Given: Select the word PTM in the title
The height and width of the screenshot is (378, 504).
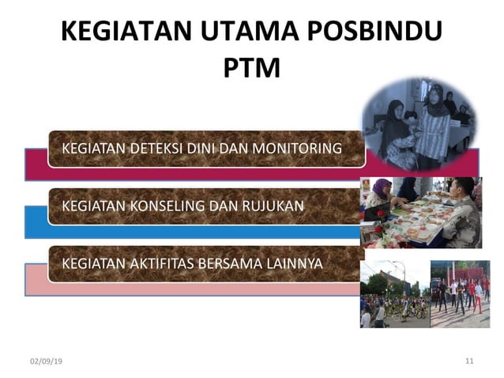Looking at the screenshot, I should pyautogui.click(x=251, y=68).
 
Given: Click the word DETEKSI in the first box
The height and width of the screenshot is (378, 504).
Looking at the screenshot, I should pyautogui.click(x=160, y=148).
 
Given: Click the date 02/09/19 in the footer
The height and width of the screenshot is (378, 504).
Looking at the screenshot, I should pyautogui.click(x=47, y=361).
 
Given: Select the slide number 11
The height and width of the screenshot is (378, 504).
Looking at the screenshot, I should pyautogui.click(x=469, y=361).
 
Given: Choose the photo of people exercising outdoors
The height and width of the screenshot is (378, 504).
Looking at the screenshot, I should pyautogui.click(x=459, y=293).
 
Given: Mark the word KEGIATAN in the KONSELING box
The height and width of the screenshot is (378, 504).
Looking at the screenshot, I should pyautogui.click(x=92, y=206).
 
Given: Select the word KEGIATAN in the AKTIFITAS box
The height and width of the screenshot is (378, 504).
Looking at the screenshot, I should pyautogui.click(x=92, y=263).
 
